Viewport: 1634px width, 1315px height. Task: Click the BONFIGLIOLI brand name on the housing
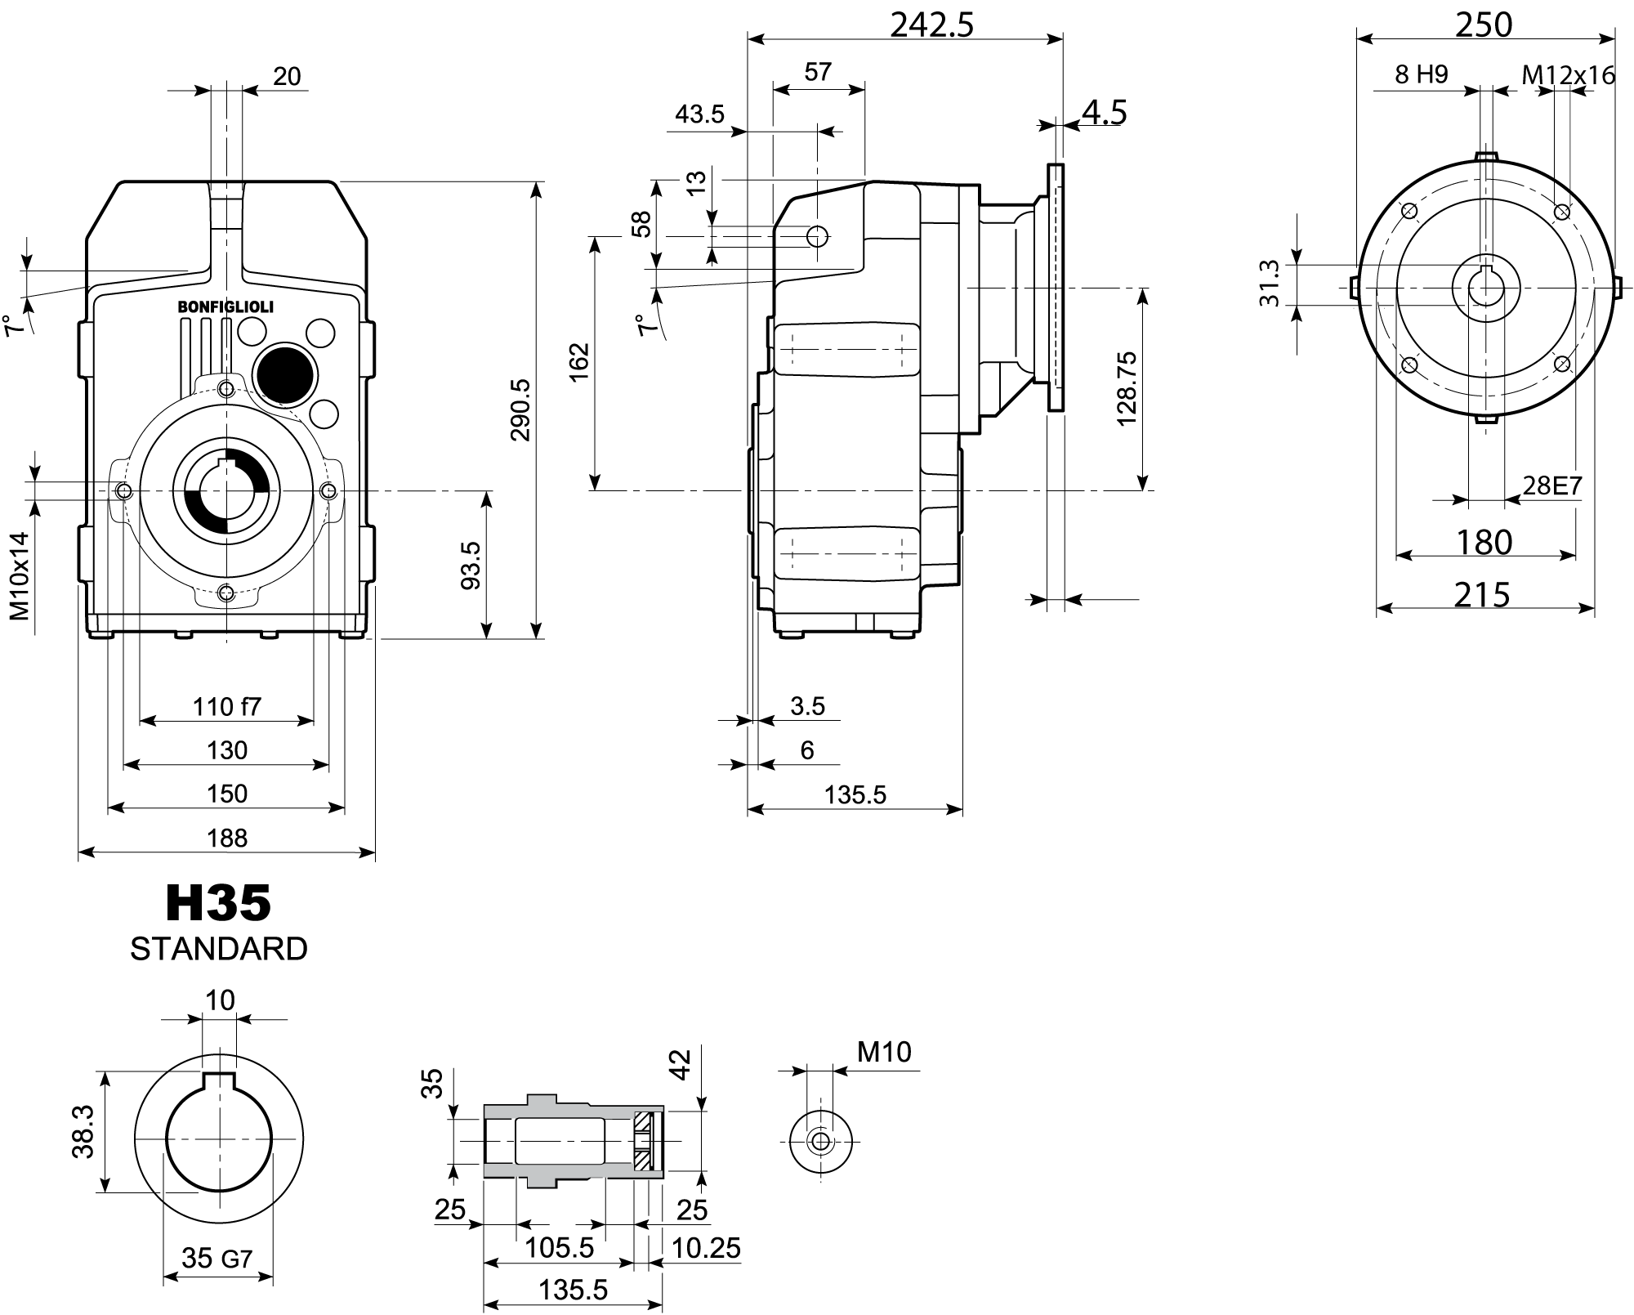[x=225, y=307]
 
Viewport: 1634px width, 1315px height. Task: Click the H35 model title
[x=218, y=903]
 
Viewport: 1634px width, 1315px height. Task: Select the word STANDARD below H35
[x=218, y=949]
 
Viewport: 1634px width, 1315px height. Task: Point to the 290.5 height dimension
[x=520, y=409]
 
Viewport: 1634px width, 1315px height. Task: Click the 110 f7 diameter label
[x=226, y=706]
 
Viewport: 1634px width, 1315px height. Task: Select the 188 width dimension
[x=226, y=838]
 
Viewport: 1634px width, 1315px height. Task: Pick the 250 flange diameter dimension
[x=1484, y=25]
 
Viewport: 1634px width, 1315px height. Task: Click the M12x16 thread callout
[x=1568, y=75]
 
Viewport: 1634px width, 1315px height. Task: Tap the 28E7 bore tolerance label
[x=1552, y=486]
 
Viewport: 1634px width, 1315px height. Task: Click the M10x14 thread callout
[x=20, y=575]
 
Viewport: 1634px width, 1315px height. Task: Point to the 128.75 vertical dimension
[x=1127, y=388]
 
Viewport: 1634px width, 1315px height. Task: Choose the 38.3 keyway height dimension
[x=83, y=1132]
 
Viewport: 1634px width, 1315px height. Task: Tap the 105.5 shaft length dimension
[x=559, y=1248]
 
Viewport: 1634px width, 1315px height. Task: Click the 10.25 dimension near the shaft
[x=706, y=1248]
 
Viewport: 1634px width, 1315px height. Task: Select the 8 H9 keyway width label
[x=1422, y=75]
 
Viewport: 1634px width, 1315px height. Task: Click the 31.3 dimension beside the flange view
[x=1269, y=284]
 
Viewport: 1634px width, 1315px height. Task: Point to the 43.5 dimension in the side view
[x=699, y=114]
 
